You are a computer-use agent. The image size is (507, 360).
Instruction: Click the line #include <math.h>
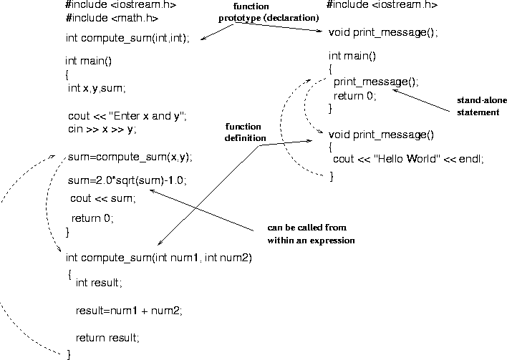(x=112, y=18)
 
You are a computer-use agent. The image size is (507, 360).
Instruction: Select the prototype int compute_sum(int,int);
(x=127, y=38)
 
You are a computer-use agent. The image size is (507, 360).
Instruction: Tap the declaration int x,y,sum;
(x=97, y=88)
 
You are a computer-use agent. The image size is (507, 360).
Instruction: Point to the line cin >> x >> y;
(x=102, y=130)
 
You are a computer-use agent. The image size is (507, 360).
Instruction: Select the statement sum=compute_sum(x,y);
(x=130, y=157)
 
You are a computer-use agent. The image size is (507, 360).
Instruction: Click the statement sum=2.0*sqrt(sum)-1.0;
(x=127, y=180)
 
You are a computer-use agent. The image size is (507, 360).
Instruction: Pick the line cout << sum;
(x=103, y=198)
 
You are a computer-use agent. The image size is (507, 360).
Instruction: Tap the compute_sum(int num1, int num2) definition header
(x=159, y=258)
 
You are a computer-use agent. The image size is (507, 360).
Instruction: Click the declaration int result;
(x=99, y=283)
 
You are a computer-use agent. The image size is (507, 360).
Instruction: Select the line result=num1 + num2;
(x=129, y=311)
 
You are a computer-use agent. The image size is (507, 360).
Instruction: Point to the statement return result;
(x=107, y=338)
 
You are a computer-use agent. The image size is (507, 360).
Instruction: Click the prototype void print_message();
(x=383, y=32)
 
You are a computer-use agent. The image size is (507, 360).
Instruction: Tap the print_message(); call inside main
(x=376, y=82)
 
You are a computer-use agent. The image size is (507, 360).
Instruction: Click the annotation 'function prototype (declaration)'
(x=269, y=12)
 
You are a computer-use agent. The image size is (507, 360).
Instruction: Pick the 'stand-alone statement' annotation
(x=481, y=107)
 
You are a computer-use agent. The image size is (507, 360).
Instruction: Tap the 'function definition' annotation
(x=245, y=132)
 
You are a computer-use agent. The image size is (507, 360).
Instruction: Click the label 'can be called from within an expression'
(x=311, y=234)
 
